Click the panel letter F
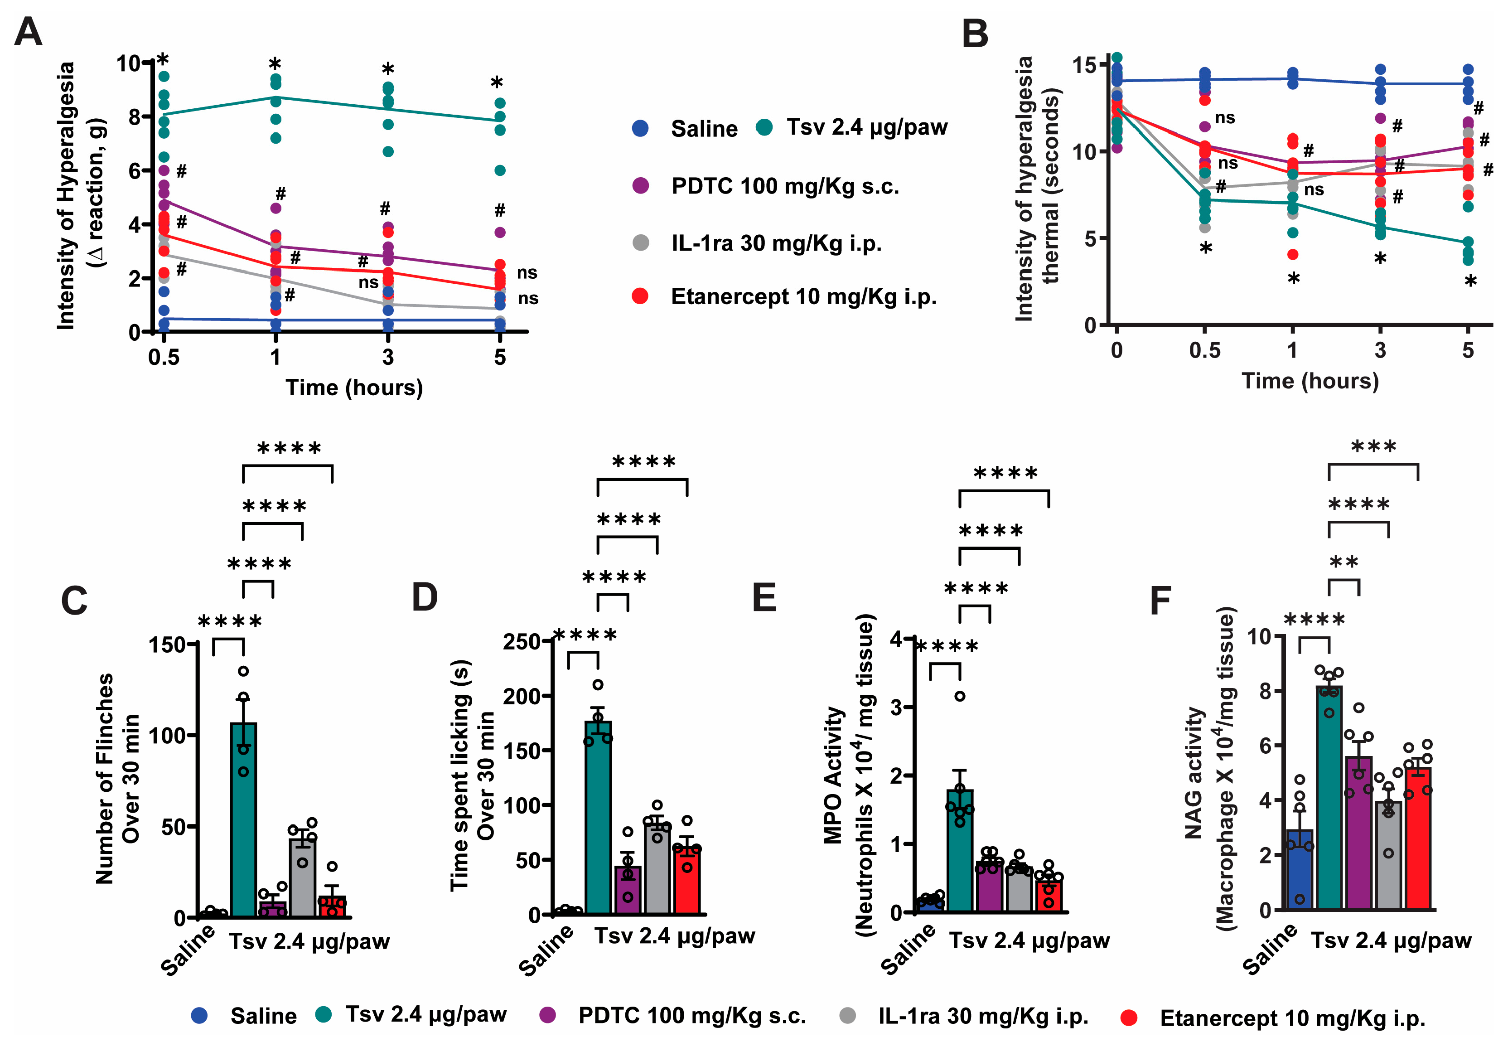(x=1160, y=601)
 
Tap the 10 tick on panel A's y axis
(x=129, y=63)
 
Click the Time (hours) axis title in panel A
(x=354, y=388)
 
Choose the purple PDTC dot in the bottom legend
(x=548, y=1015)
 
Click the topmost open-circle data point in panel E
(x=959, y=696)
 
